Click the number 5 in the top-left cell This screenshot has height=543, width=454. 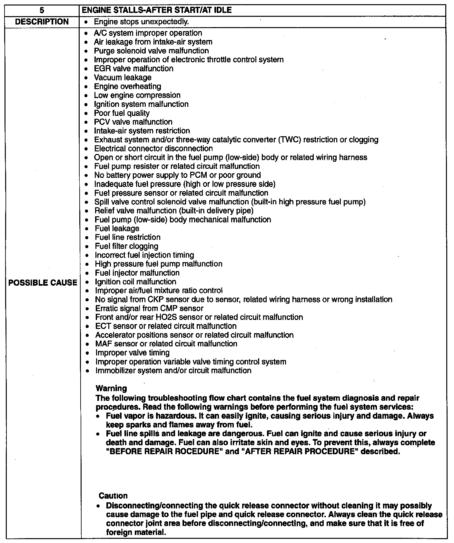pyautogui.click(x=42, y=10)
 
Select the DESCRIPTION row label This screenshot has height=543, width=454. pyautogui.click(x=42, y=22)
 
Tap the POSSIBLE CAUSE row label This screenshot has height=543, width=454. pyautogui.click(x=43, y=283)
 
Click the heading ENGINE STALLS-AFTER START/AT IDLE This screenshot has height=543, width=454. pyautogui.click(x=157, y=10)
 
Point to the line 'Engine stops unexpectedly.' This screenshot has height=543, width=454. pyautogui.click(x=141, y=22)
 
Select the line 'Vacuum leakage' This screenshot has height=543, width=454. pyautogui.click(x=123, y=77)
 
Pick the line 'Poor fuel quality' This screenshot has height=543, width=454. pyautogui.click(x=122, y=113)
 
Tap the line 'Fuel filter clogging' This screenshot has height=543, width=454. pyautogui.click(x=126, y=246)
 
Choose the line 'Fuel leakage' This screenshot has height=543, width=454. pyautogui.click(x=117, y=229)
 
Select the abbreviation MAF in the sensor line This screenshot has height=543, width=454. pyautogui.click(x=103, y=344)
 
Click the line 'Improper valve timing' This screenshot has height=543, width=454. pyautogui.click(x=132, y=353)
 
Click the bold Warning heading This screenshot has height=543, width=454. pyautogui.click(x=111, y=388)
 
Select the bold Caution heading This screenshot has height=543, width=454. pyautogui.click(x=113, y=496)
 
